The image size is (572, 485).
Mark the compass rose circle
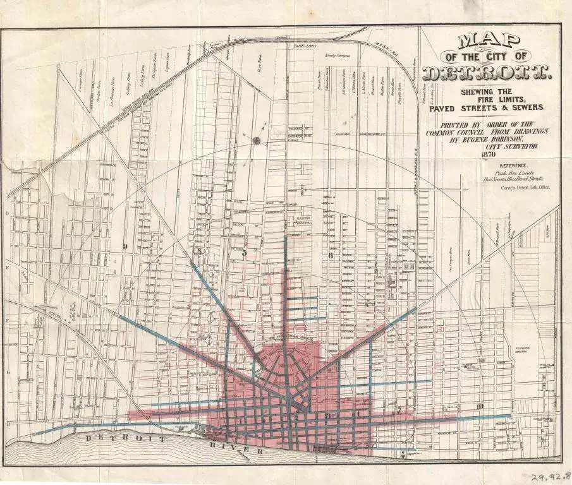tap(257, 141)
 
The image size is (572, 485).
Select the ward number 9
tap(125, 246)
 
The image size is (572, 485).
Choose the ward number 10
tap(481, 406)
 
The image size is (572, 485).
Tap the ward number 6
tap(330, 256)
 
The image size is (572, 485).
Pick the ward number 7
tap(399, 411)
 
